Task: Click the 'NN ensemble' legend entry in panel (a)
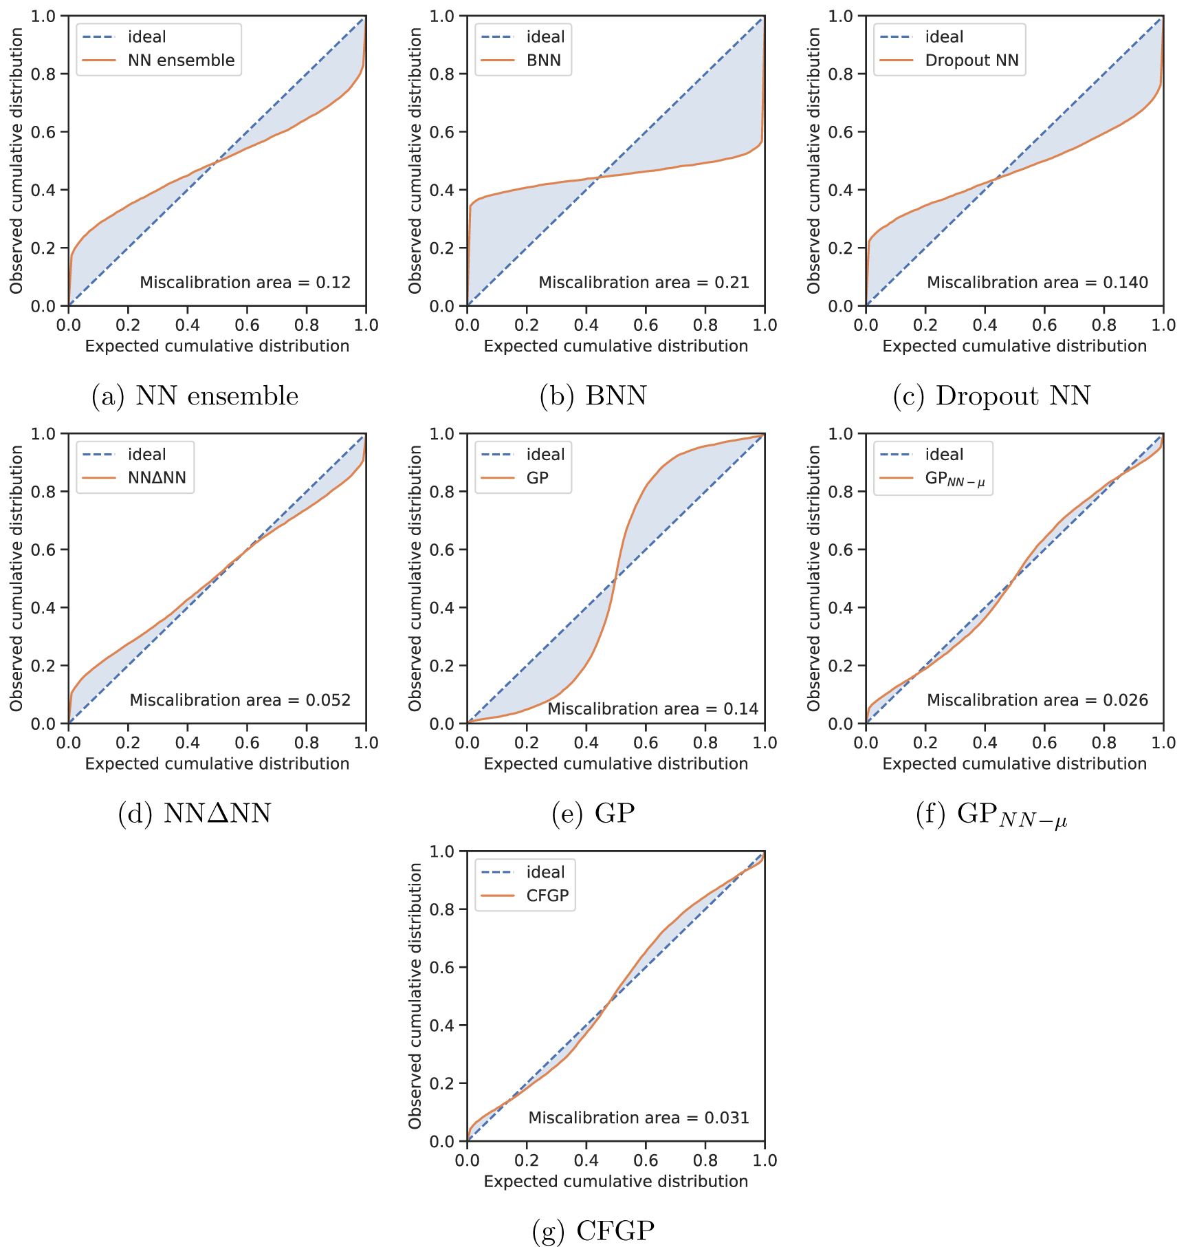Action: click(x=181, y=61)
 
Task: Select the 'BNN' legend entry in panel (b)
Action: click(x=543, y=61)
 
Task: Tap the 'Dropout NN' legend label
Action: click(x=971, y=61)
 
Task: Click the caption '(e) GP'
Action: click(x=593, y=813)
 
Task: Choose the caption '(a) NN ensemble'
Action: click(x=195, y=396)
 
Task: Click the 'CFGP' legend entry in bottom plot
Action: click(x=547, y=896)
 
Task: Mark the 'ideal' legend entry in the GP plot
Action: click(x=545, y=455)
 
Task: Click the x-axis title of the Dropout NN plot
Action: click(x=1014, y=346)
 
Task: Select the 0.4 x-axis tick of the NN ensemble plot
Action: click(x=187, y=325)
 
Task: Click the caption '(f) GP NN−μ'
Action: click(x=991, y=814)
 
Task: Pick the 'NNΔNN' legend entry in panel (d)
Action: click(x=157, y=478)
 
